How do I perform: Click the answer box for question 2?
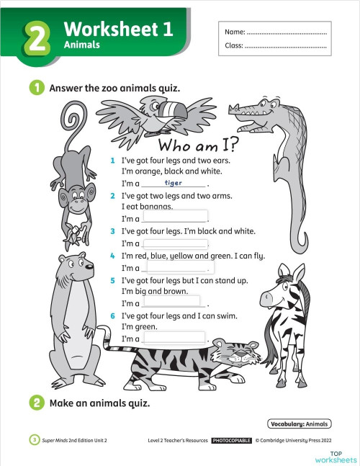(x=175, y=216)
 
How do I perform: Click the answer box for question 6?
(x=175, y=336)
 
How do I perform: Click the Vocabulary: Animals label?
(x=300, y=424)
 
